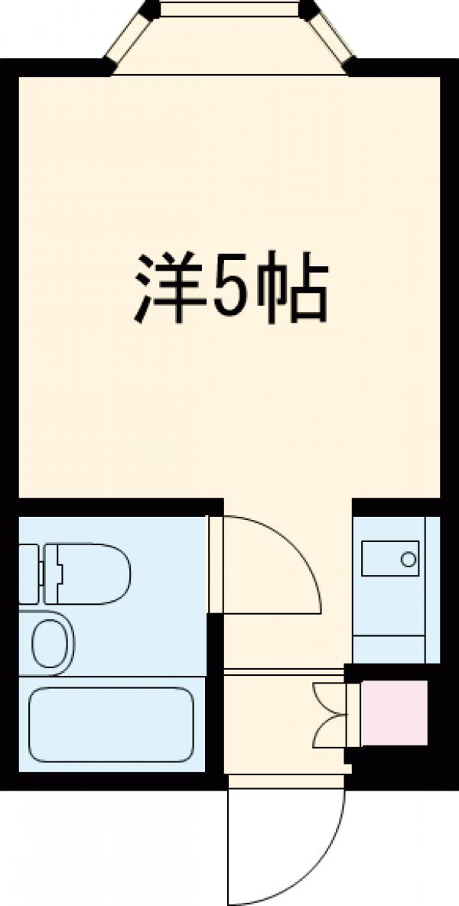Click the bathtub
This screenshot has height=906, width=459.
coord(111,724)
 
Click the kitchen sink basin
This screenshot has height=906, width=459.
coord(390,559)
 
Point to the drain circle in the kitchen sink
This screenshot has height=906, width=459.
coord(409,559)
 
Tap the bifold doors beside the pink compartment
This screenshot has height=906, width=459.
coord(330,712)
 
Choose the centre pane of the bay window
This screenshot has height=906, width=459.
coord(229,8)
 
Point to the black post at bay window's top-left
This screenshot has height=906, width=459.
coord(149,9)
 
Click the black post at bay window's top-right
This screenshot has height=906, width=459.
coord(310,9)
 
